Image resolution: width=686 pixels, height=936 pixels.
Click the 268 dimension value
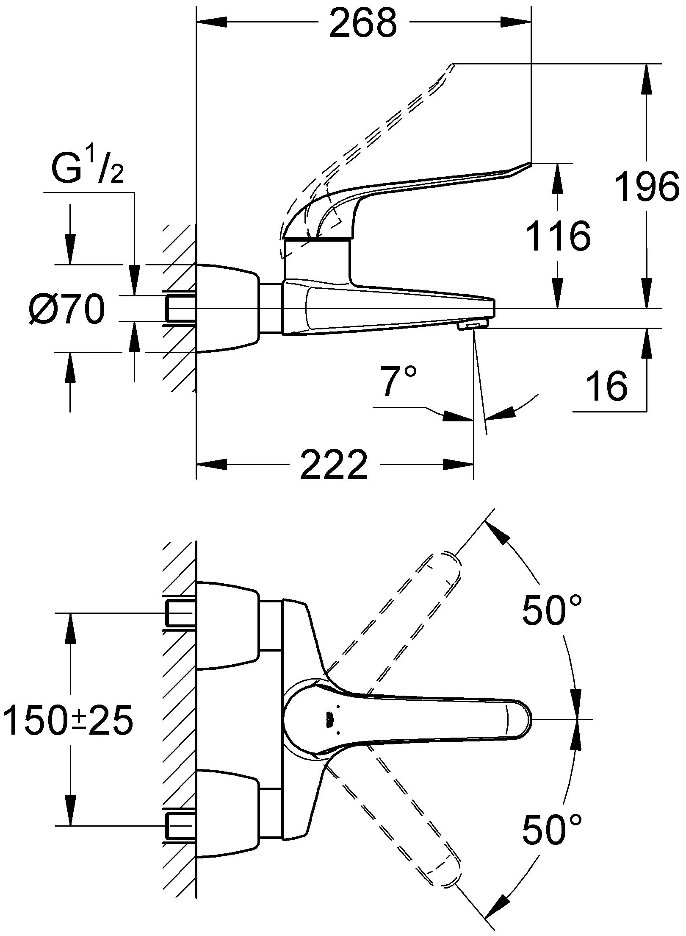click(363, 24)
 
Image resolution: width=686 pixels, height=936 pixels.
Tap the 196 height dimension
click(647, 186)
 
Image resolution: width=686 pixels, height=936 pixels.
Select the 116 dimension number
click(558, 236)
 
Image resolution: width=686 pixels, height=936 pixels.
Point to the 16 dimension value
click(606, 386)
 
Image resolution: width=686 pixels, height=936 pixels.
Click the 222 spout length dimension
click(334, 464)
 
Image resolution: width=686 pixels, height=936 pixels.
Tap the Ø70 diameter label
click(67, 309)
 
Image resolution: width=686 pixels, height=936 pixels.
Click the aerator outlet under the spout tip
click(473, 325)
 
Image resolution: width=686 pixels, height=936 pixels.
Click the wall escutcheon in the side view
click(228, 308)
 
